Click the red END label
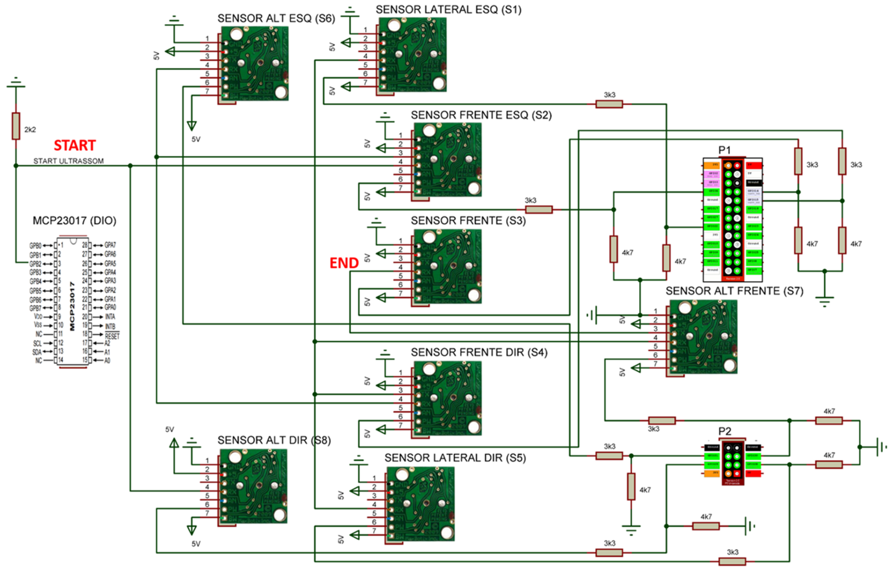(344, 263)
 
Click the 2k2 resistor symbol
(16, 126)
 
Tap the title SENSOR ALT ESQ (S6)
(276, 18)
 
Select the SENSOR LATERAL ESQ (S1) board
(412, 55)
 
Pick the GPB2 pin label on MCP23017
(35, 264)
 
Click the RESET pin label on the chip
(112, 336)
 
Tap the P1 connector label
(724, 150)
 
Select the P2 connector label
(724, 431)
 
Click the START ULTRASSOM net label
(68, 161)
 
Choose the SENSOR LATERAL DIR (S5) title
(455, 458)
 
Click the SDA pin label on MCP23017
(37, 352)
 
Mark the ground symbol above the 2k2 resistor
(16, 83)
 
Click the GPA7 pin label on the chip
(110, 245)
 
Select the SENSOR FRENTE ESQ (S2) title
(481, 115)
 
